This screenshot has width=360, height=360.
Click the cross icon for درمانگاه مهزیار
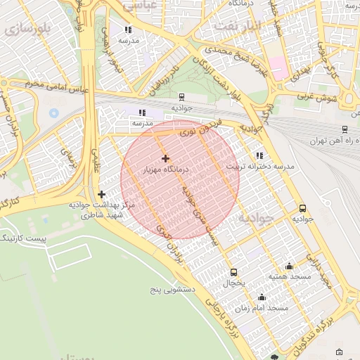(x=165, y=158)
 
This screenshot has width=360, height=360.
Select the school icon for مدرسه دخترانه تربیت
(x=260, y=155)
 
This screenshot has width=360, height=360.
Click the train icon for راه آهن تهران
(x=344, y=129)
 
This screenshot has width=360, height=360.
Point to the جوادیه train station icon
(x=182, y=97)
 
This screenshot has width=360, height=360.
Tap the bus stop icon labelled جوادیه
(x=302, y=208)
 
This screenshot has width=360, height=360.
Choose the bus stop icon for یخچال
(x=233, y=272)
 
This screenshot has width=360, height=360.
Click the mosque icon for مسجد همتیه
(x=289, y=266)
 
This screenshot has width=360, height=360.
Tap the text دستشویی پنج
(x=173, y=289)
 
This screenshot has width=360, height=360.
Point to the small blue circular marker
(x=54, y=112)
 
